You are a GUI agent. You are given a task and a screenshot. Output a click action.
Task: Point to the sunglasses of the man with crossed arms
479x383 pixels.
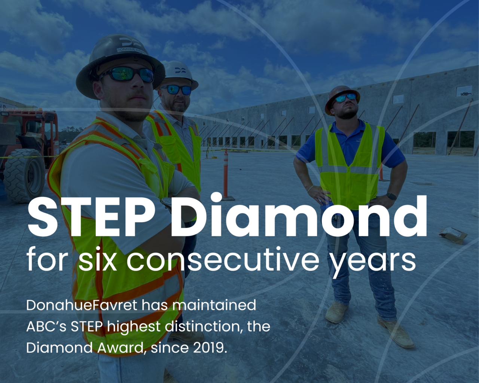tap(128, 75)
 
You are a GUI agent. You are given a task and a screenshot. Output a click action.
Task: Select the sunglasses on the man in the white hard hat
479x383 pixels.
tap(176, 89)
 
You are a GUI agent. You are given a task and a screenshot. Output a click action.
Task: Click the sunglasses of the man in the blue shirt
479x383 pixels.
tap(345, 97)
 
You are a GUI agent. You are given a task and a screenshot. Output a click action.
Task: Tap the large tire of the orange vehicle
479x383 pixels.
tap(24, 176)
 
